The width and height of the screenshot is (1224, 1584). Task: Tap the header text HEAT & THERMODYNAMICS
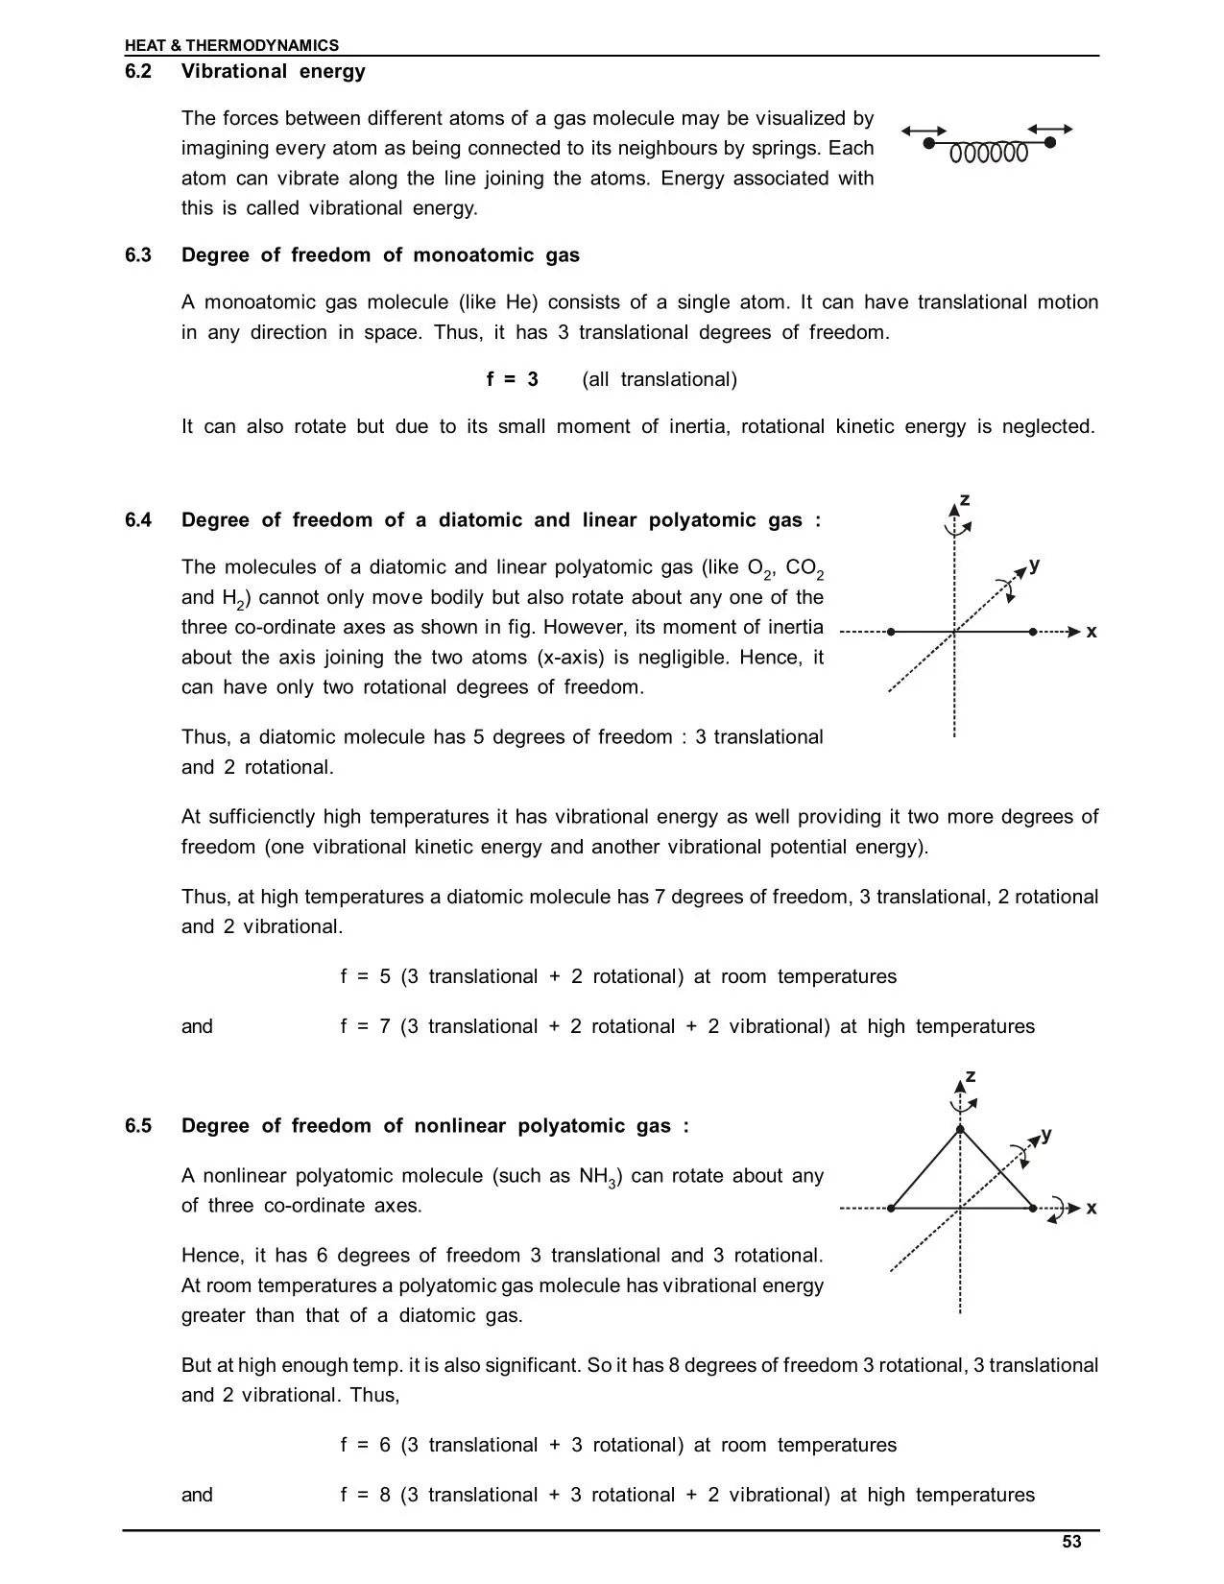click(x=231, y=45)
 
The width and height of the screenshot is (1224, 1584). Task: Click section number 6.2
click(x=138, y=71)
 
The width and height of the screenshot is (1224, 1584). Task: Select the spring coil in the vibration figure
click(x=989, y=154)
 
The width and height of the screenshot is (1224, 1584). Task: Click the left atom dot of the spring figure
click(x=928, y=142)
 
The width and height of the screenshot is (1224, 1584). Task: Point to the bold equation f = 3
click(x=512, y=379)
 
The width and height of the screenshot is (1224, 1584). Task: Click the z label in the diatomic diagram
click(x=965, y=500)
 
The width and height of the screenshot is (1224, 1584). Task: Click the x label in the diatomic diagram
click(x=1092, y=632)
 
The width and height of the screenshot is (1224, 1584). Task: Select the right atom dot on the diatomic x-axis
click(x=1033, y=632)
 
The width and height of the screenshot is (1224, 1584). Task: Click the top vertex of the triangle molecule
click(x=960, y=1129)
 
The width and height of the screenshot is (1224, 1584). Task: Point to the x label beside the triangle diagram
click(x=1092, y=1208)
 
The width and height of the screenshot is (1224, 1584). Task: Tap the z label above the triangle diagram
click(x=971, y=1076)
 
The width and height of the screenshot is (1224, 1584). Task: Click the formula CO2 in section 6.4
click(x=804, y=568)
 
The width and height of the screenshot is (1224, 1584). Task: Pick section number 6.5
click(x=138, y=1126)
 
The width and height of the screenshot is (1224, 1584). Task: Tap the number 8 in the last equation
click(x=384, y=1495)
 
